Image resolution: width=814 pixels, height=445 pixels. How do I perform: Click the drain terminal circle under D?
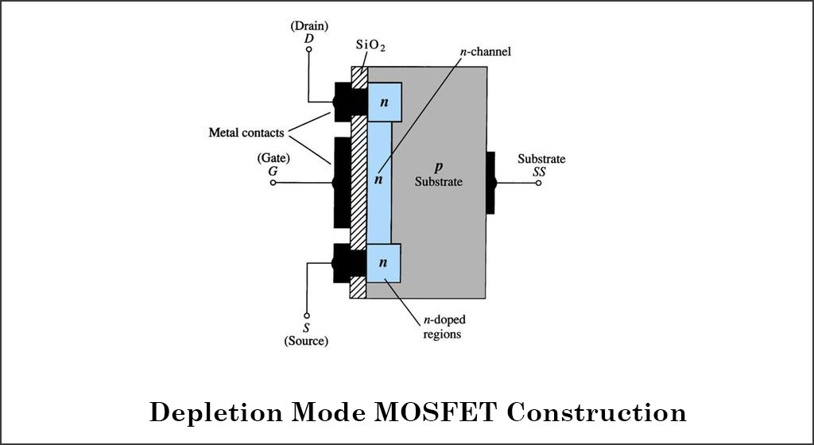(x=309, y=51)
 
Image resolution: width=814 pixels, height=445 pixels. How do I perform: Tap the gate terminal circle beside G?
(x=273, y=183)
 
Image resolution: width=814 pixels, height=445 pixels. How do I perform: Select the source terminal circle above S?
(x=307, y=314)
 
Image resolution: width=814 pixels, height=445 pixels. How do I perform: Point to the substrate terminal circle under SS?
(x=538, y=183)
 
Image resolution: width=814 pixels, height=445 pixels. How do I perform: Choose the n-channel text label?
(x=484, y=52)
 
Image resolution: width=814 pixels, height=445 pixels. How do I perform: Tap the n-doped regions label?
(x=444, y=327)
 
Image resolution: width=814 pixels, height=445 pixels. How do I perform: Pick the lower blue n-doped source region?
(x=384, y=262)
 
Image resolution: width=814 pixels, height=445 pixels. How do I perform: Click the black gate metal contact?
(x=342, y=183)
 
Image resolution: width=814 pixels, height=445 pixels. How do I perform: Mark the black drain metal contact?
(x=347, y=102)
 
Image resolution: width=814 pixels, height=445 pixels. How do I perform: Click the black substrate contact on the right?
(x=490, y=183)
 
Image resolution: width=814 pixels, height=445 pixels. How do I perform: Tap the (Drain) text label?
(x=308, y=25)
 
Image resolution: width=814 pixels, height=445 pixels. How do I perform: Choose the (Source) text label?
(x=307, y=341)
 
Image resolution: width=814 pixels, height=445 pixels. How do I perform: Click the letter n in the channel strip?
(x=378, y=180)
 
